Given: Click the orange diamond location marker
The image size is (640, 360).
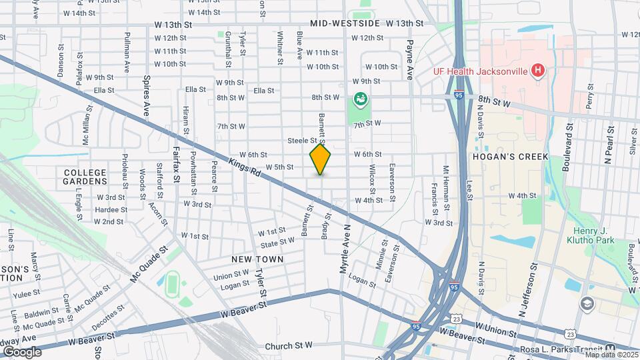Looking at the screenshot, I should (x=321, y=159).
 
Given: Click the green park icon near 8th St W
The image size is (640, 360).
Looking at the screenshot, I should (x=361, y=100).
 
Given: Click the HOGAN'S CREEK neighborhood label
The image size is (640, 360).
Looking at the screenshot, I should (x=510, y=157).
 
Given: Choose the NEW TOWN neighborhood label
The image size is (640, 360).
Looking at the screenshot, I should (x=257, y=259).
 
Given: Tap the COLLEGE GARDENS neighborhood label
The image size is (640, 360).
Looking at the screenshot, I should (x=85, y=177).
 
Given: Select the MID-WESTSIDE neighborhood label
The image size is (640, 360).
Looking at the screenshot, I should (x=345, y=23).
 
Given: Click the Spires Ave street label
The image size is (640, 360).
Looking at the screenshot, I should (x=147, y=95).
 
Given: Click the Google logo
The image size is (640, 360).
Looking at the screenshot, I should (x=22, y=351).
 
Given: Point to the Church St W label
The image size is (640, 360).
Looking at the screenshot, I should (x=288, y=346).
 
